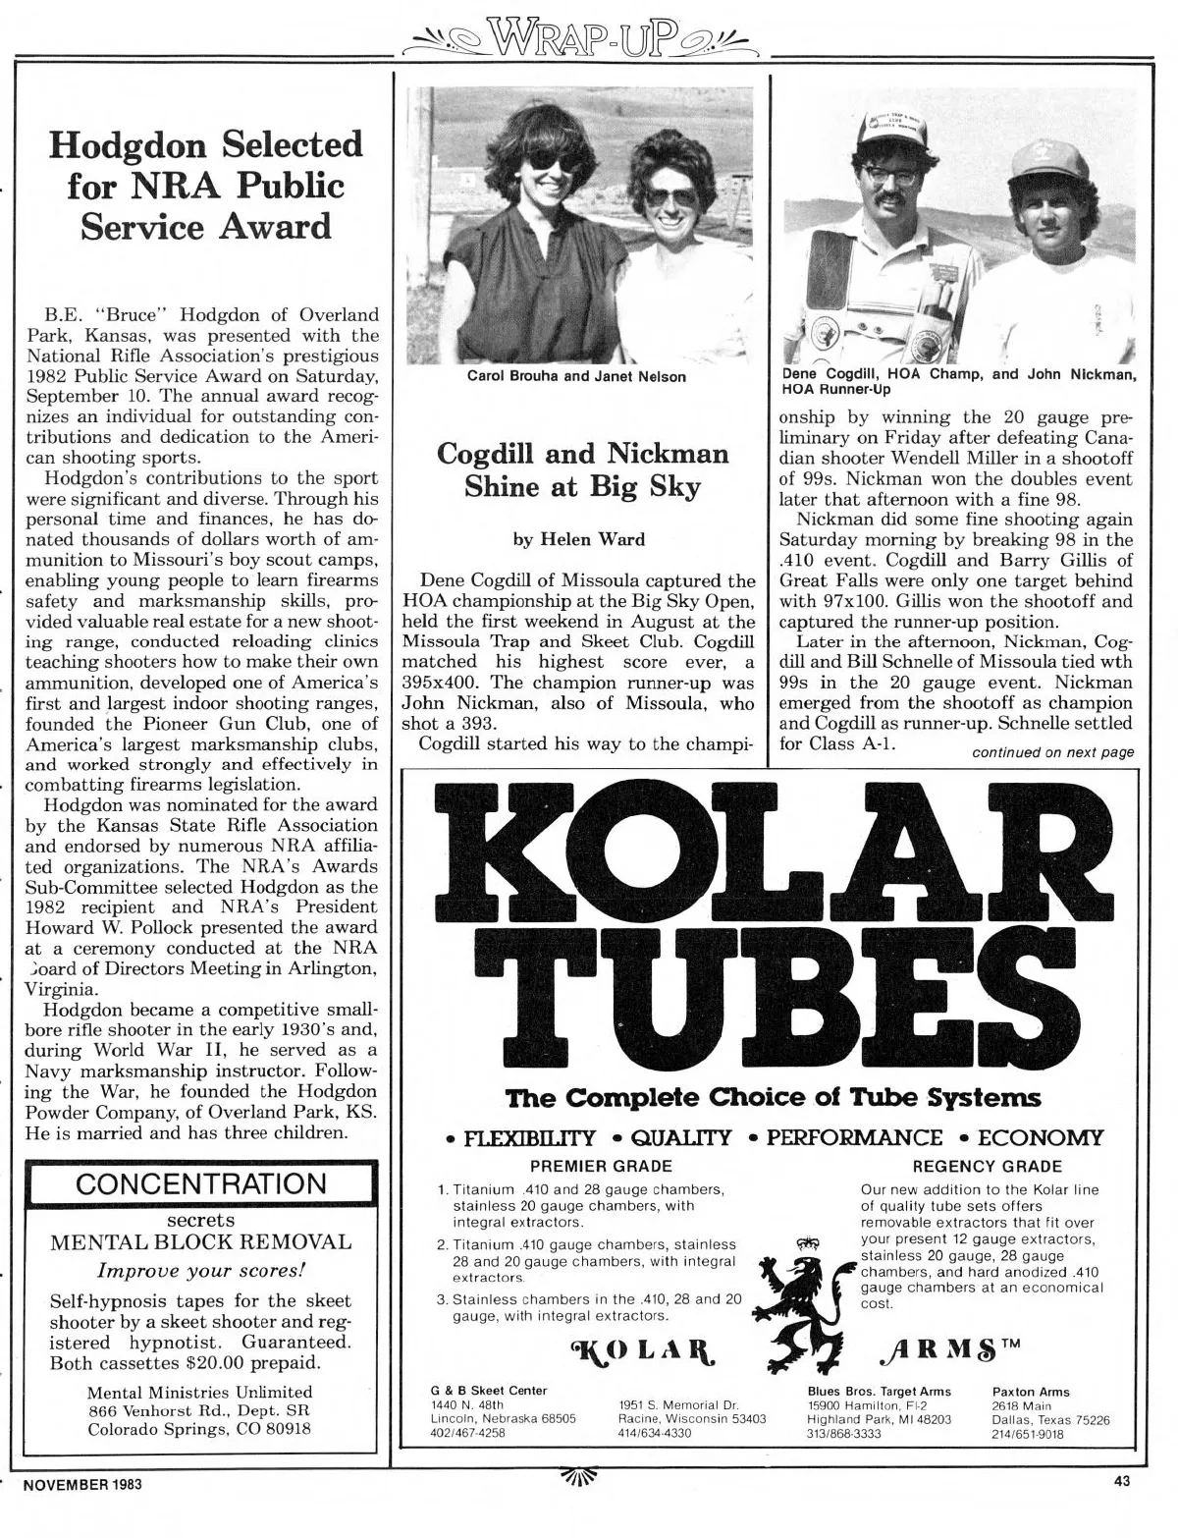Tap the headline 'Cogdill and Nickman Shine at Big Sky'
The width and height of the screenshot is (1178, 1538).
[582, 470]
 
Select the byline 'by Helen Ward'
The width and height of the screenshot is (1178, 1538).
[582, 538]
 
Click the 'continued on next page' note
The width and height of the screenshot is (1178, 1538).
[1052, 753]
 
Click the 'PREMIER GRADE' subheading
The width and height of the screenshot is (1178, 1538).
[601, 1167]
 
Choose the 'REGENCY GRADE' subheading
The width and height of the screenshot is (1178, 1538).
[987, 1167]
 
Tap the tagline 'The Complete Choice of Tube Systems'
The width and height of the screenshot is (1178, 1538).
[773, 1096]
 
